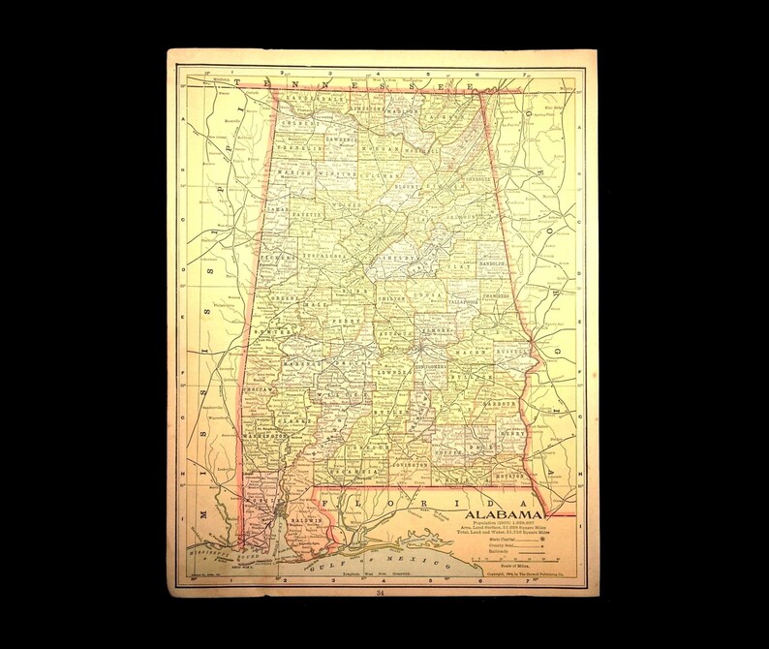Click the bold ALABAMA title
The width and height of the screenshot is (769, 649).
(x=505, y=513)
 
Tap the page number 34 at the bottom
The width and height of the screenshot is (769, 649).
(x=379, y=594)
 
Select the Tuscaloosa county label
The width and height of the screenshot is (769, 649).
(x=324, y=258)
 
